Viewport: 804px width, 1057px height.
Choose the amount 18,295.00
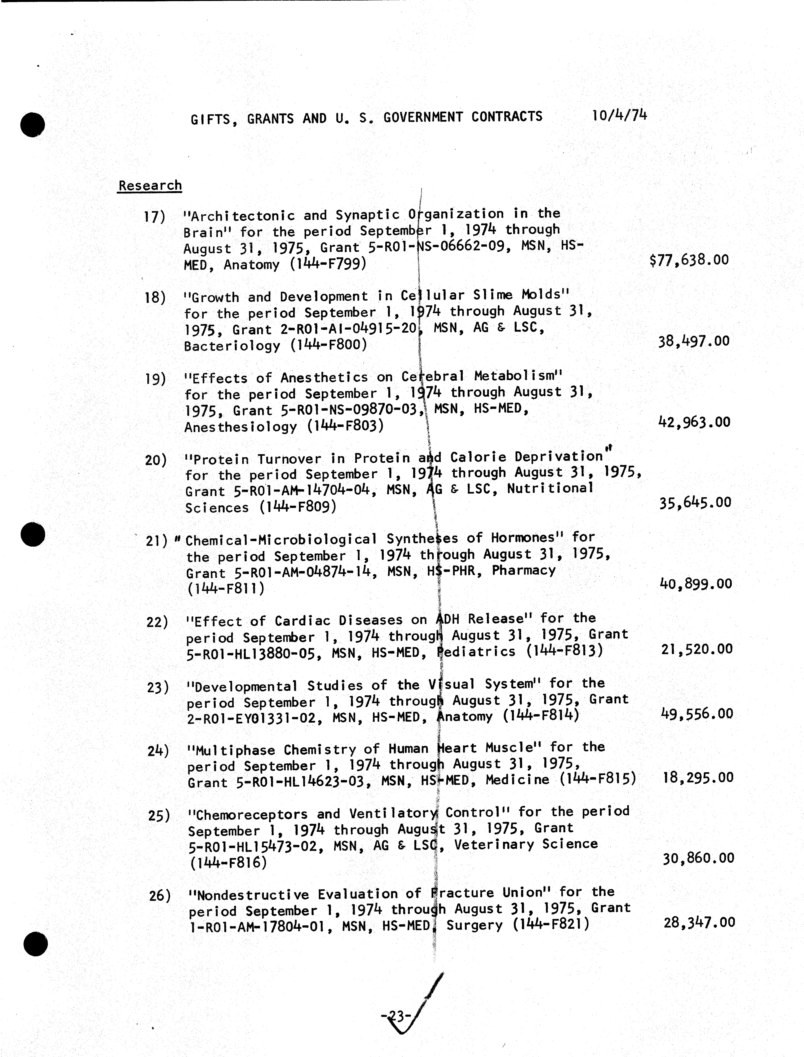[x=698, y=777]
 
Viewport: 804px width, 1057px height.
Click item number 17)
[x=155, y=217]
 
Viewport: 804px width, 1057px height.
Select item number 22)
[x=157, y=622]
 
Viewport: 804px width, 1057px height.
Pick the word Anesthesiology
[x=241, y=427]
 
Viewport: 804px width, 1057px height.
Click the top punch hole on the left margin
[x=32, y=125]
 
